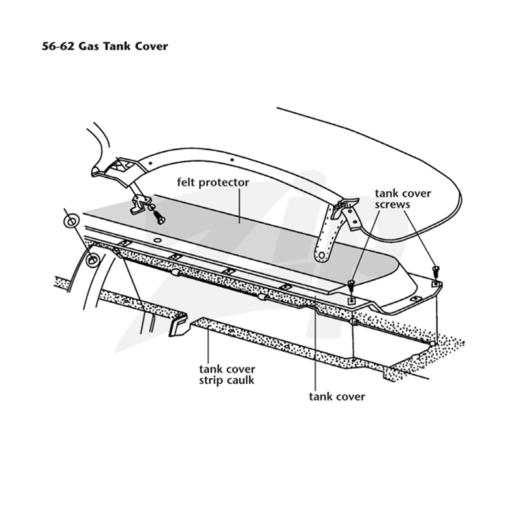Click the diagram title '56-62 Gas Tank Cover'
click(105, 46)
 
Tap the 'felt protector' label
click(213, 183)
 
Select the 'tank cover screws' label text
click(403, 199)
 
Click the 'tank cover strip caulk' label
click(227, 375)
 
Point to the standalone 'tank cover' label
click(337, 397)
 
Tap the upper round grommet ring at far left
click(71, 221)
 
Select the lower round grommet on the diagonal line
click(91, 260)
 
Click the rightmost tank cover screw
click(435, 269)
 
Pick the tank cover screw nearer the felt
click(351, 284)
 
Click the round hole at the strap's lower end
click(322, 255)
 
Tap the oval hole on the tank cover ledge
click(158, 240)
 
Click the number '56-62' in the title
click(57, 46)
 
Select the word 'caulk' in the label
click(240, 380)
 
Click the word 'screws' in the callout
click(393, 204)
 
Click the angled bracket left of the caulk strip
click(178, 324)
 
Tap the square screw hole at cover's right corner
click(435, 284)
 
